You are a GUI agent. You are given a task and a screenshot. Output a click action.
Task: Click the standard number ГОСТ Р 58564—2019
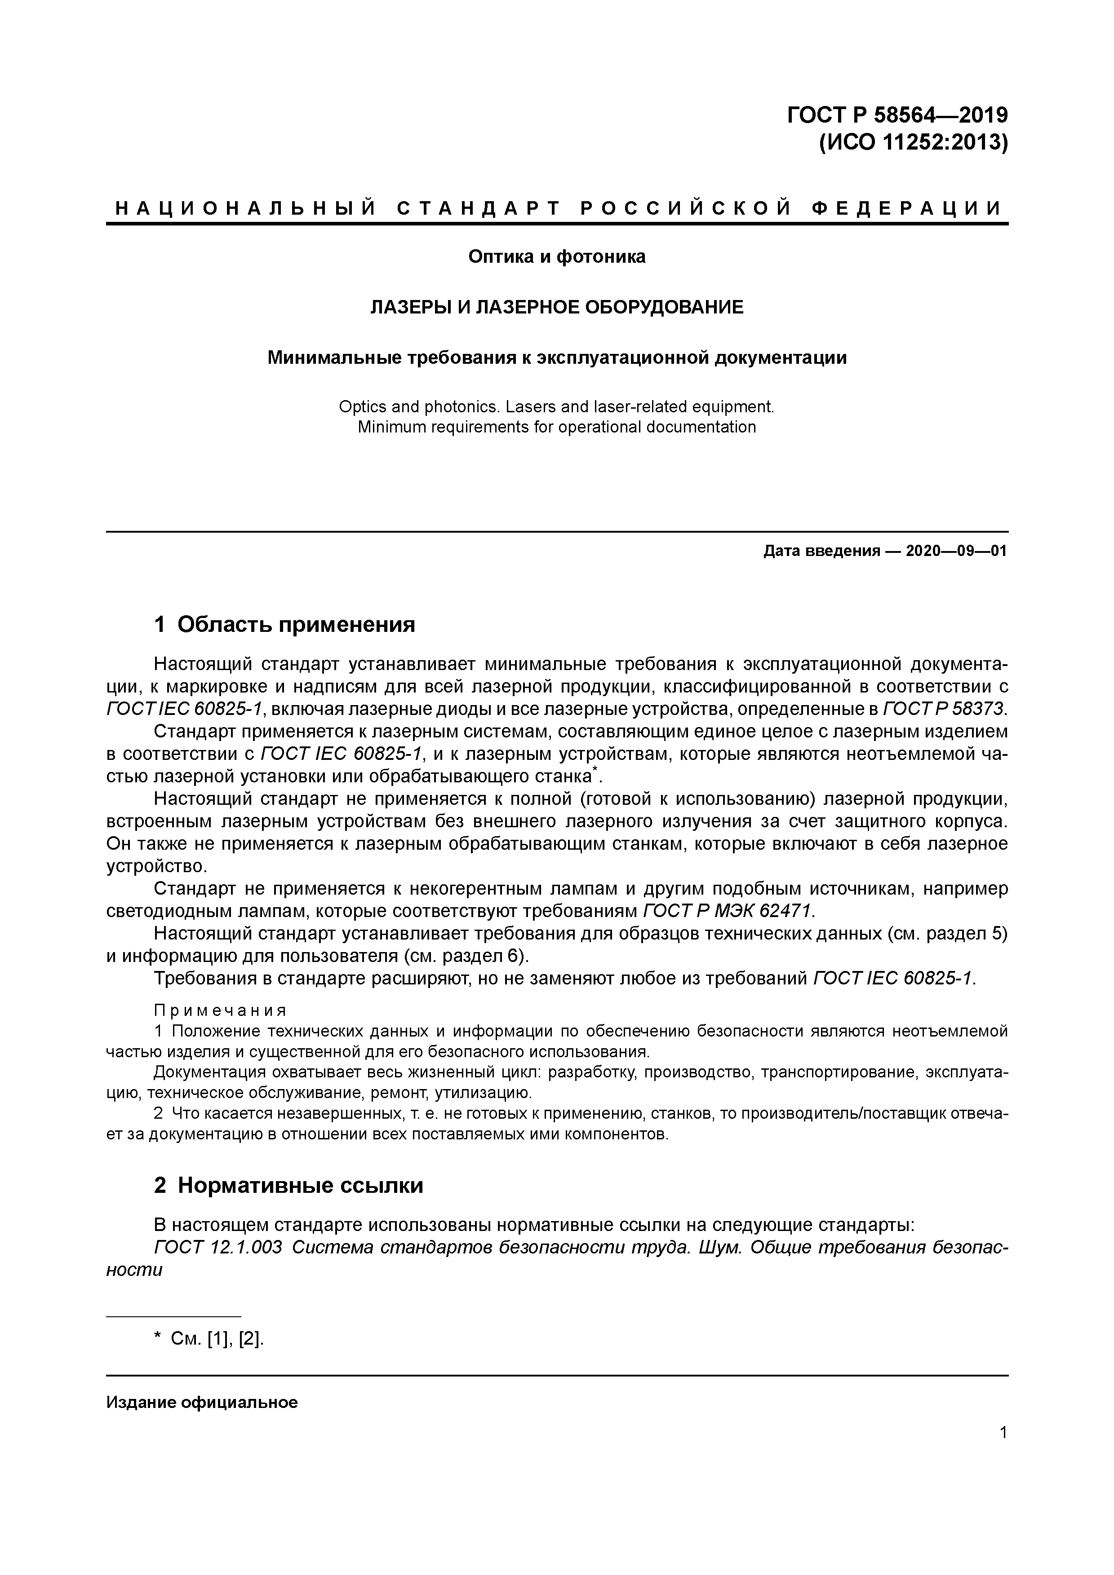coord(897,114)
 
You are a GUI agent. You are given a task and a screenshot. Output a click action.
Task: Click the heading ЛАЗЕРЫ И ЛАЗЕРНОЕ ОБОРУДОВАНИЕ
coord(557,307)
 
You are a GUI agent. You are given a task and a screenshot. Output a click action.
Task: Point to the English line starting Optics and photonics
coord(557,407)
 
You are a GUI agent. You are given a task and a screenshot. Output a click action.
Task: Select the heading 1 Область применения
coord(285,624)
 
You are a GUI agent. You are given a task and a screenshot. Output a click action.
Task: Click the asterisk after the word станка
coord(595,772)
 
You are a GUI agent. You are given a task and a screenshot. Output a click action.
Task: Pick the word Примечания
coord(220,1010)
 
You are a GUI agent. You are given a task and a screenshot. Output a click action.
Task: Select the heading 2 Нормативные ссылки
coord(288,1185)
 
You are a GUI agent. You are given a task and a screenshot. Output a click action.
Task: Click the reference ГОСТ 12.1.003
coord(218,1247)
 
